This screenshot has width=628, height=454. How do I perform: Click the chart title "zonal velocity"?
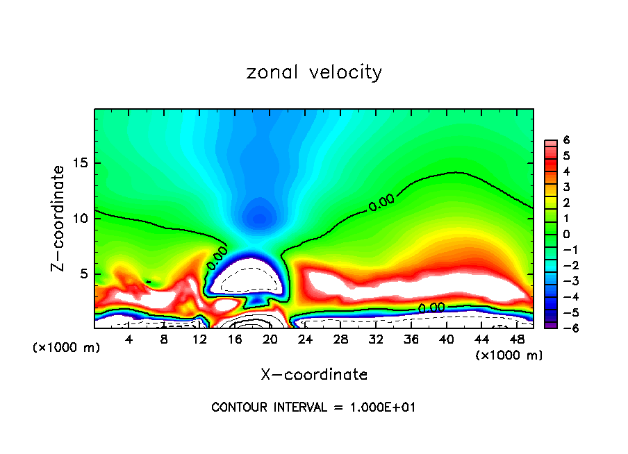click(x=314, y=72)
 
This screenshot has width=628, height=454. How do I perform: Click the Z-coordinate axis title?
click(x=59, y=218)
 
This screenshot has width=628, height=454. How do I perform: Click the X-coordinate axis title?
click(x=314, y=375)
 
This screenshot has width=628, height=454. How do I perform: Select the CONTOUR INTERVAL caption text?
click(x=314, y=407)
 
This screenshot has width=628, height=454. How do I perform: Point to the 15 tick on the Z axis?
click(x=82, y=163)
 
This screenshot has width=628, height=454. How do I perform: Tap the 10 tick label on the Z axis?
click(x=82, y=218)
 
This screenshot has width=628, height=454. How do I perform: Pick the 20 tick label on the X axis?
click(x=270, y=339)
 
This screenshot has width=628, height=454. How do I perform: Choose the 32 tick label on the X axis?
click(x=376, y=339)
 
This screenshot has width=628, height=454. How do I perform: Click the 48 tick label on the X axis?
click(x=517, y=339)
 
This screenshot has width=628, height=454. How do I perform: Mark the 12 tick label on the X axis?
click(x=199, y=339)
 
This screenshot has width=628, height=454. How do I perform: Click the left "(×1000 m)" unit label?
click(x=67, y=348)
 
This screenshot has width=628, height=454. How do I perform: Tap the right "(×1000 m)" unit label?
click(x=509, y=355)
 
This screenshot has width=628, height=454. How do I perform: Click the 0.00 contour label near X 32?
click(x=381, y=203)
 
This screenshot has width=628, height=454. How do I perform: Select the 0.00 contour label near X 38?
click(x=431, y=307)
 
